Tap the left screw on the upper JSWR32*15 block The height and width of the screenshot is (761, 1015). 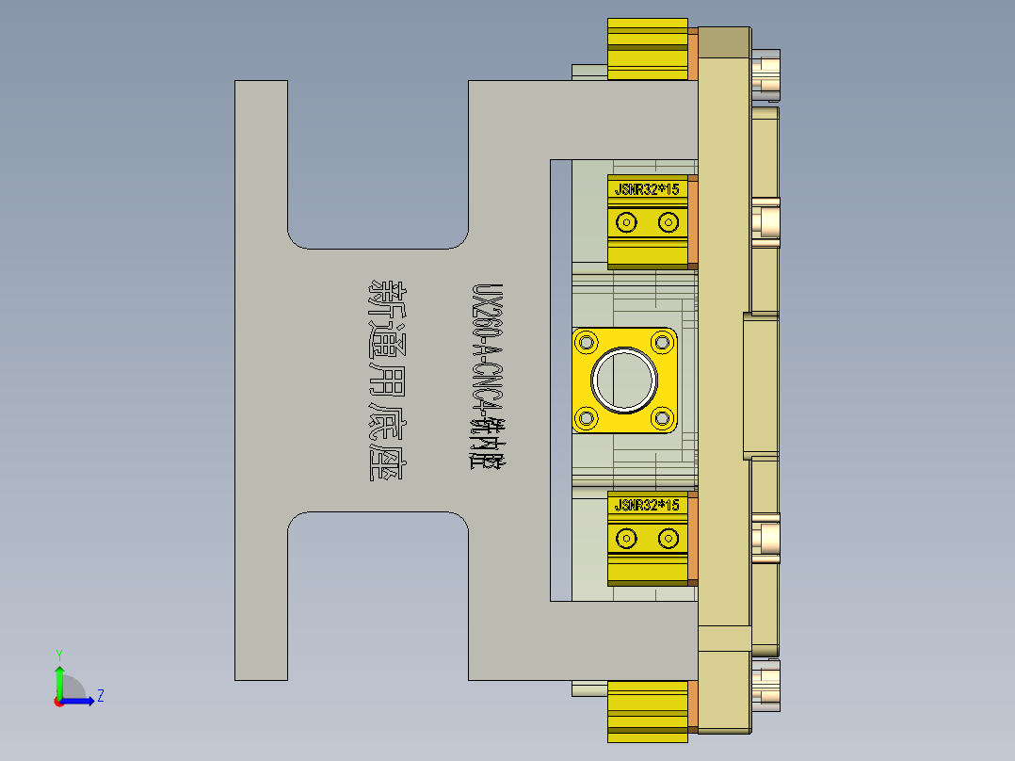point(626,222)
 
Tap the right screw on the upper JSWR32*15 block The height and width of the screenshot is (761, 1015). point(669,222)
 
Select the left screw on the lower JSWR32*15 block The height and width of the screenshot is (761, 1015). point(626,539)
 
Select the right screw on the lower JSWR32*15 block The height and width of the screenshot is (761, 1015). point(669,539)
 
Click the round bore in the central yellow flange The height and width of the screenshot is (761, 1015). point(624,380)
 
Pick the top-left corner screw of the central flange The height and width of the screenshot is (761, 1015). point(587,342)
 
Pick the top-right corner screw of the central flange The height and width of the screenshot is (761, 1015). point(662,342)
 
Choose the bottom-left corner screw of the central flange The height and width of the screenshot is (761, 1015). point(587,417)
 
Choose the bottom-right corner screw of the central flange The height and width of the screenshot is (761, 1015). point(662,417)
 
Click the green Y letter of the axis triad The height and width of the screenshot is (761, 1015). point(59,654)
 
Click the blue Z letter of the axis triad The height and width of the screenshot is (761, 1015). point(100,696)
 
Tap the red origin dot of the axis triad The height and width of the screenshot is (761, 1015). point(58,701)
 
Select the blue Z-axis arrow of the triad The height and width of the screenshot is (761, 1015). point(83,700)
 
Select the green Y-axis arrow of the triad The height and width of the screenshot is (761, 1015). point(59,678)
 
